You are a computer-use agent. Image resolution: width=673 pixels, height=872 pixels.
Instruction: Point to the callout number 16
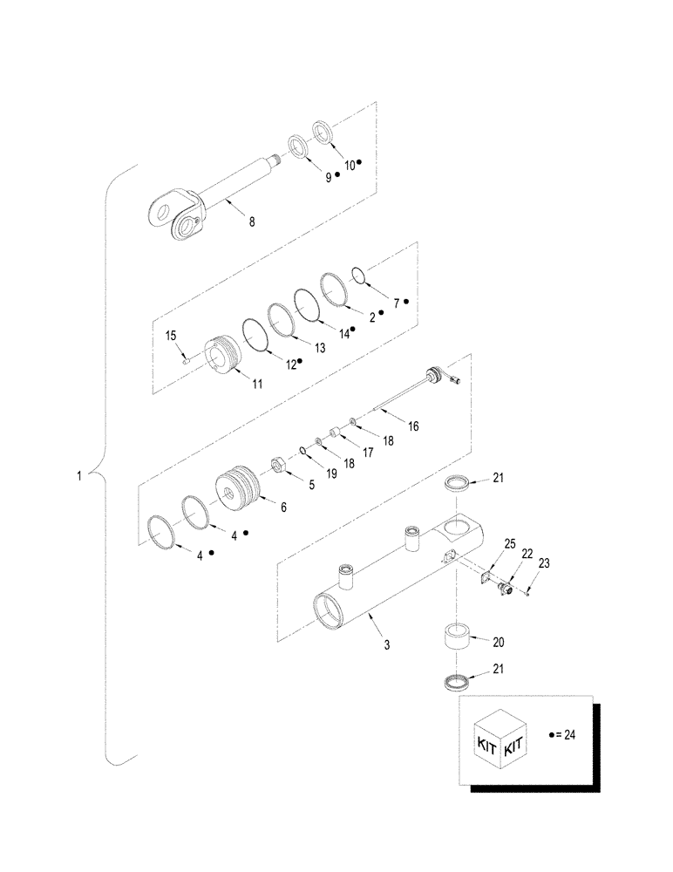[x=413, y=426]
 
